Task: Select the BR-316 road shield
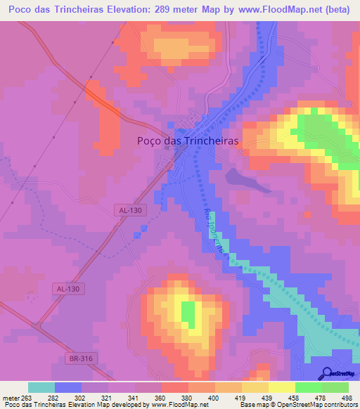(x=81, y=359)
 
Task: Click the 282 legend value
(x=54, y=396)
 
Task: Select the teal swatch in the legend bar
(x=41, y=387)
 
